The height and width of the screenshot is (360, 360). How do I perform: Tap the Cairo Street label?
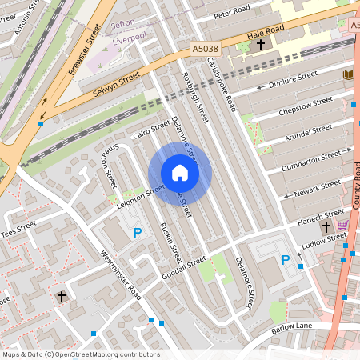pyautogui.click(x=151, y=129)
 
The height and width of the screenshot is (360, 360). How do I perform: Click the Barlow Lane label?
pyautogui.click(x=292, y=326)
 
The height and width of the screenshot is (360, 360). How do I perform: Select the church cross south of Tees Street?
pyautogui.click(x=62, y=297)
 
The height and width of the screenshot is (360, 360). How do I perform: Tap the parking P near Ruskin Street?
pyautogui.click(x=138, y=234)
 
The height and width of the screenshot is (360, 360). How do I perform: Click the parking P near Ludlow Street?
pyautogui.click(x=286, y=260)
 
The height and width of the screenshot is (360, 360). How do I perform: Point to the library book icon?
pyautogui.click(x=347, y=74)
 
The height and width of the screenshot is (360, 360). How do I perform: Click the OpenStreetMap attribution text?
pyautogui.click(x=81, y=354)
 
